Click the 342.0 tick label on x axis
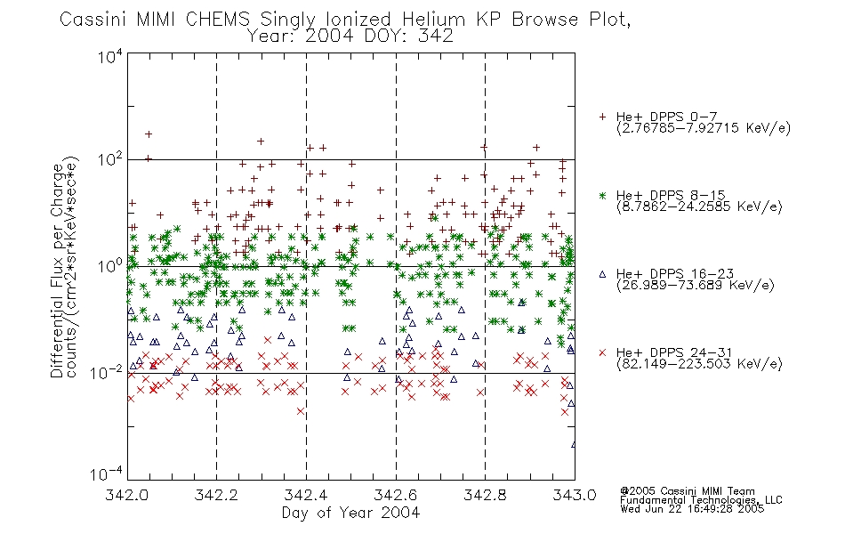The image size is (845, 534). click(x=127, y=495)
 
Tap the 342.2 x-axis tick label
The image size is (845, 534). click(x=217, y=495)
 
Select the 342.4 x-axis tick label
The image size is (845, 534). click(x=306, y=495)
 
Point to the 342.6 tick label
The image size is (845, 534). click(x=396, y=495)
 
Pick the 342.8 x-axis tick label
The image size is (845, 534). click(x=485, y=495)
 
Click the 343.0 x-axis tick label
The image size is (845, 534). click(x=575, y=495)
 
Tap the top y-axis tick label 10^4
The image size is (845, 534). click(x=110, y=56)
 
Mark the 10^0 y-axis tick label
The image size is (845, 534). click(x=110, y=266)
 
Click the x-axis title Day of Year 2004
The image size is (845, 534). click(x=350, y=513)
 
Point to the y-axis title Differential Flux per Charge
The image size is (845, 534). click(x=57, y=271)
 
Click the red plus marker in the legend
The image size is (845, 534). click(x=602, y=117)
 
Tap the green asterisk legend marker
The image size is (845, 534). click(x=602, y=196)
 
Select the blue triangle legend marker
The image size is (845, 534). click(x=602, y=274)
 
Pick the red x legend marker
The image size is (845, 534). click(x=602, y=352)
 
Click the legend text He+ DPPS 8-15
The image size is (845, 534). click(x=671, y=195)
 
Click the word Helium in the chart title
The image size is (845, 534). click(x=433, y=20)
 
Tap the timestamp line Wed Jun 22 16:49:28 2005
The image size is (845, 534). click(x=692, y=509)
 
